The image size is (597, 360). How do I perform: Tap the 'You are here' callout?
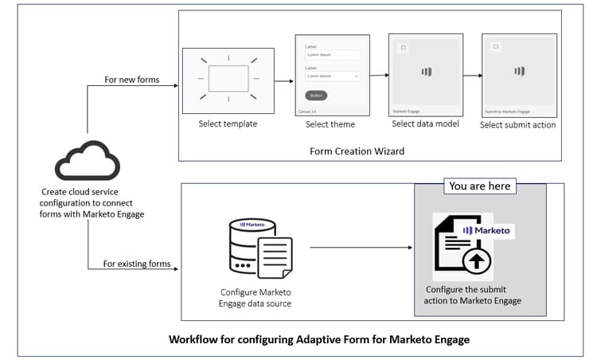480,186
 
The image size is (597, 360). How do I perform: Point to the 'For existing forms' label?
137,264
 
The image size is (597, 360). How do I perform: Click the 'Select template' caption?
228,124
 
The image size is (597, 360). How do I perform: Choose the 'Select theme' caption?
330,124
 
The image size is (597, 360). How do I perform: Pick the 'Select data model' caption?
425,123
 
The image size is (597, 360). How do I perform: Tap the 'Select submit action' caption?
518,124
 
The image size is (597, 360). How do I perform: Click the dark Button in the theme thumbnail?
316,95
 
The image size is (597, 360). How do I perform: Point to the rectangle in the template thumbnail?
228,79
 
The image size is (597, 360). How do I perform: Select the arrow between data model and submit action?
472,76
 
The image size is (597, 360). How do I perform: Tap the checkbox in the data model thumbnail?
404,48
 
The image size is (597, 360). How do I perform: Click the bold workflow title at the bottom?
319,339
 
